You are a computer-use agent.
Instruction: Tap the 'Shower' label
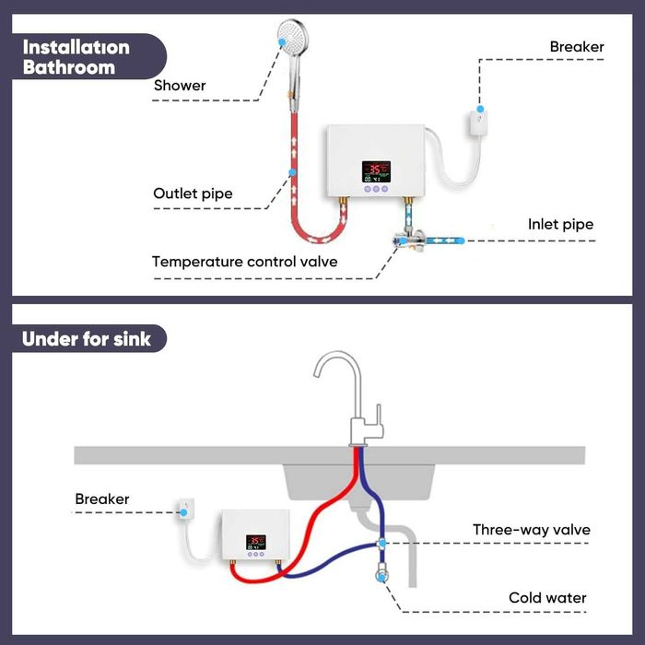click(180, 86)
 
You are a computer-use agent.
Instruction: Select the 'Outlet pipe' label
click(193, 193)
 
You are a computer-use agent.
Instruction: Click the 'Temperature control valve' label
click(244, 262)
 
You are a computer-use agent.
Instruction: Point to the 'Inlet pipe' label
click(560, 224)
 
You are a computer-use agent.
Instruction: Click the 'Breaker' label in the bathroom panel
click(577, 46)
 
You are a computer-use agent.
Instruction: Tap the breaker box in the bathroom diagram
click(478, 121)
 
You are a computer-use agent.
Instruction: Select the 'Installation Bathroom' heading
click(76, 56)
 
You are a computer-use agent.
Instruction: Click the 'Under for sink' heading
click(82, 338)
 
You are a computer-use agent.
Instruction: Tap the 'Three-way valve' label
click(531, 530)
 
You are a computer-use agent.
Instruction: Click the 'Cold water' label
click(547, 598)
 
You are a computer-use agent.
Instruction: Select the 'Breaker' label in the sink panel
click(102, 499)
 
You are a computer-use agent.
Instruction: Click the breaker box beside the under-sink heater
click(185, 510)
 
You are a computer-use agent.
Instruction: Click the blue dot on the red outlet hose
click(291, 172)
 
